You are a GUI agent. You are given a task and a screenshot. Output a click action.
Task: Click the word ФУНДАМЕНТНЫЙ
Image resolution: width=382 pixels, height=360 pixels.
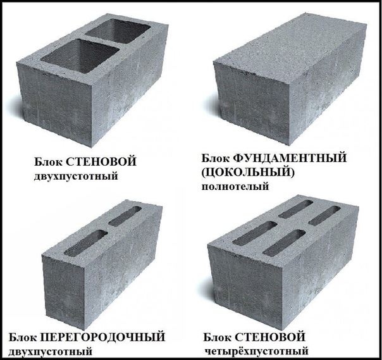pos(290,159)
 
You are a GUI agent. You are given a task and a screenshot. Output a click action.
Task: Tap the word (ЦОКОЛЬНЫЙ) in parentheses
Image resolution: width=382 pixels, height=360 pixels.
pos(248,173)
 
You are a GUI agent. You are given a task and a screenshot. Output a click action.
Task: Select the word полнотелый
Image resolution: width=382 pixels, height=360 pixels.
pos(235,187)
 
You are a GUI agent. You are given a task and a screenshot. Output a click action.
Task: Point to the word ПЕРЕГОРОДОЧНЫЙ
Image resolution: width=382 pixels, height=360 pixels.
pos(102,338)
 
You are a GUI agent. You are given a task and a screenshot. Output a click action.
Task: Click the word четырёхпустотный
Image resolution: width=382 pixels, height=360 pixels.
pos(256,351)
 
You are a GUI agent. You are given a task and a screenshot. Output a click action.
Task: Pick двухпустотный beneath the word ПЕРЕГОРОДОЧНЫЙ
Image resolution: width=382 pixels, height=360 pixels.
pos(51,352)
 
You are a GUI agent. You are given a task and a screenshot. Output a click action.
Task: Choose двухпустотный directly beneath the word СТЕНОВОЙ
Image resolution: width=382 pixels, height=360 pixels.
pos(76,176)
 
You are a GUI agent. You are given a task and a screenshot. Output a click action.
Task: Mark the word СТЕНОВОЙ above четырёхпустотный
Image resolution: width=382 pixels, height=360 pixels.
pos(270,337)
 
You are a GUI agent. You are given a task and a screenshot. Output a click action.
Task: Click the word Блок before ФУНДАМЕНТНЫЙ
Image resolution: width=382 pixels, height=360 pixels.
pos(216,159)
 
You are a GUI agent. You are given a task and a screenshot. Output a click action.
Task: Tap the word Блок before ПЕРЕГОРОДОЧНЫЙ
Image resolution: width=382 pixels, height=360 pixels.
pos(23,338)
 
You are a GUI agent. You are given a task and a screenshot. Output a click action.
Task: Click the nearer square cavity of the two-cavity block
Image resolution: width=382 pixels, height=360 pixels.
pos(80,56)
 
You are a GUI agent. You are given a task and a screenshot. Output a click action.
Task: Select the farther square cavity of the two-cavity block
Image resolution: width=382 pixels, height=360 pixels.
pos(119,30)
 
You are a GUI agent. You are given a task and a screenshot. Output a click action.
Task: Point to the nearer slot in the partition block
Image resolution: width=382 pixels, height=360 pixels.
pos(86,243)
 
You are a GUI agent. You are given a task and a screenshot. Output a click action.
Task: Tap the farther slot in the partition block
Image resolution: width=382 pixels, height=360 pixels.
pos(125,216)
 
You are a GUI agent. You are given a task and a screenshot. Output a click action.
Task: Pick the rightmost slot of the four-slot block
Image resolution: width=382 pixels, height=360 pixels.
pos(324,216)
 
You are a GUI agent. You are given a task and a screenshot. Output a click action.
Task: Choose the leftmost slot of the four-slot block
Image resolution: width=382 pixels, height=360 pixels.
pos(255,233)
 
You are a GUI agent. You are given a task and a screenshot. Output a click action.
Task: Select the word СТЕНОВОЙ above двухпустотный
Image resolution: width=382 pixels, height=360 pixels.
pos(101,162)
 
